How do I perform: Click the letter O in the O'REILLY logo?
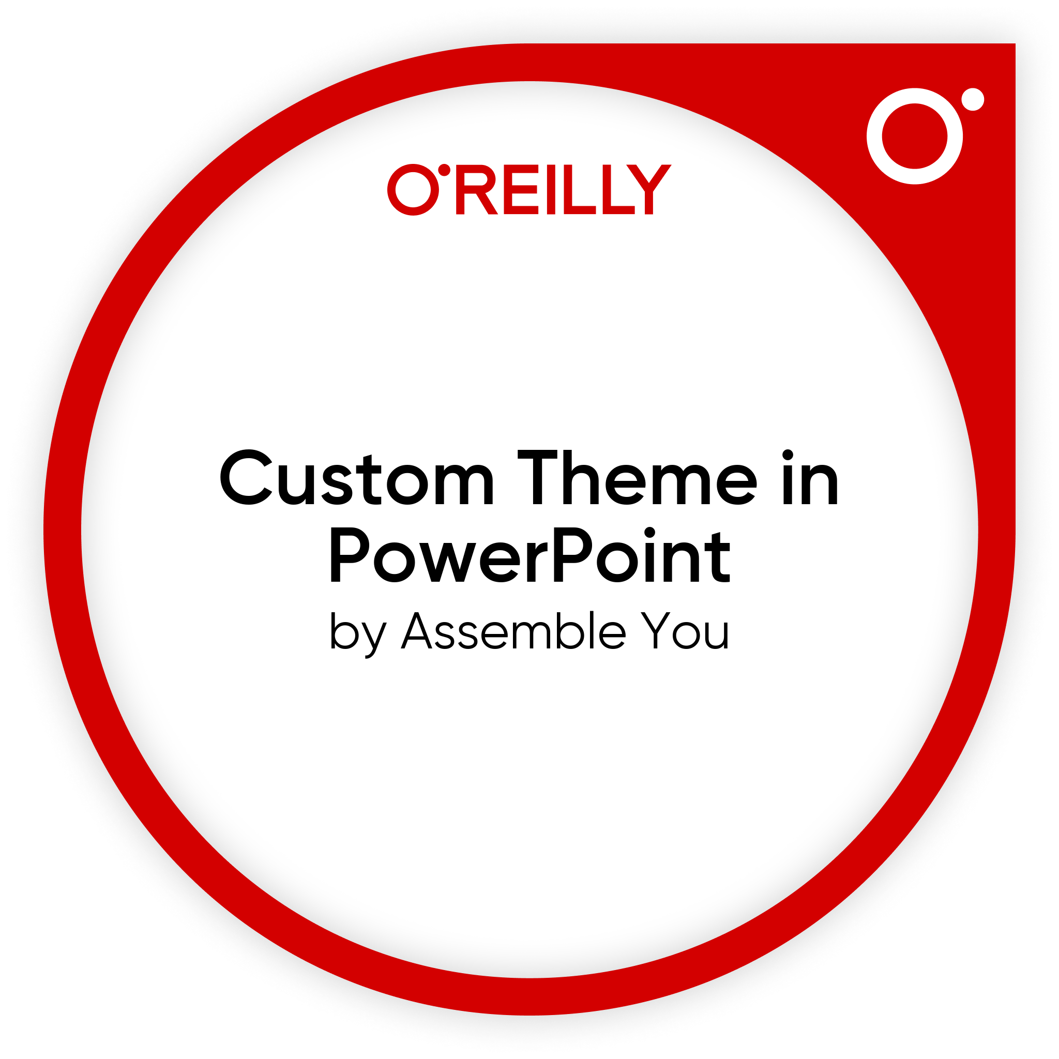tap(413, 190)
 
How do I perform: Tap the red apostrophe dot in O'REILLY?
tap(444, 170)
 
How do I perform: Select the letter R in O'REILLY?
tap(476, 189)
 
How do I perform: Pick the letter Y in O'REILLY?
tap(648, 189)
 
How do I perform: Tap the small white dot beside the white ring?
tap(973, 99)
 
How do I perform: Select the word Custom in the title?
tap(357, 478)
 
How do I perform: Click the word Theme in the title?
tap(638, 477)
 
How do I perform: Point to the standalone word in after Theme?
tap(811, 477)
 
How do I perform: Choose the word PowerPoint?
tap(529, 555)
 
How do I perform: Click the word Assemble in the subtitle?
tap(513, 630)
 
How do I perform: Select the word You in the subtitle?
tap(685, 631)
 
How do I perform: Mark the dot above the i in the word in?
tap(788, 455)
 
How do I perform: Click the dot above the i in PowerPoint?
tap(649, 532)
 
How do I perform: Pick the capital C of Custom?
tap(246, 477)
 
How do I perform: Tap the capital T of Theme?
tap(537, 477)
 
